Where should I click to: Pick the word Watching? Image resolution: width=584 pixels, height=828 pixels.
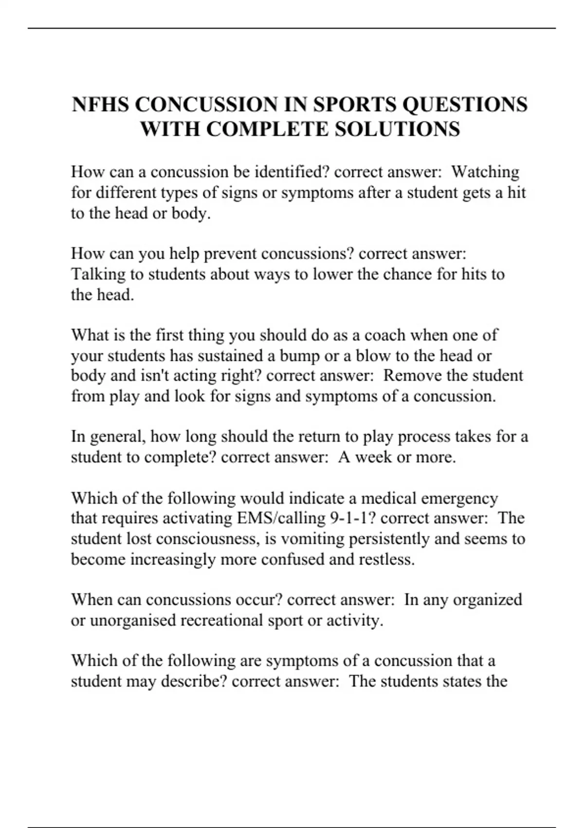[485, 172]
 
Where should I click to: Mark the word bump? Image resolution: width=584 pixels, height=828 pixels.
[299, 356]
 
